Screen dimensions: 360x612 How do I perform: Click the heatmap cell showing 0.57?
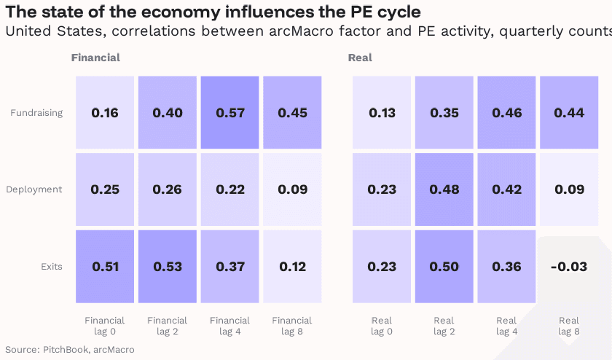click(230, 113)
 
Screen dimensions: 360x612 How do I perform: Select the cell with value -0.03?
click(568, 266)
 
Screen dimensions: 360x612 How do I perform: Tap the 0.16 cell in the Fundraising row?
click(105, 113)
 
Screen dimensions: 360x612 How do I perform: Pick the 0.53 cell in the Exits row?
click(168, 266)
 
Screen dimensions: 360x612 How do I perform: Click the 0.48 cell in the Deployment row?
click(444, 189)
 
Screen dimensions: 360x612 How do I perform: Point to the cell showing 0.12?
click(293, 266)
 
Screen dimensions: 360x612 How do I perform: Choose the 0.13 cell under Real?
click(381, 113)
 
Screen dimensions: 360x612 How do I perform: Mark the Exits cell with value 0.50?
click(444, 266)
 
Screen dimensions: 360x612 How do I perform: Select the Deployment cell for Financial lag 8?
click(293, 189)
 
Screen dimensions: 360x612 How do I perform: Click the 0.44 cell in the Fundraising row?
click(568, 113)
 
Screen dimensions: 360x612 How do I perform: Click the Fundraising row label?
click(36, 113)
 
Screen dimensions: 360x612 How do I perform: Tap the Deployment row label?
click(34, 189)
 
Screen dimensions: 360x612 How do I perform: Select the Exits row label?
click(51, 266)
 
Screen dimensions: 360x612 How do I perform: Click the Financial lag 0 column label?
click(105, 326)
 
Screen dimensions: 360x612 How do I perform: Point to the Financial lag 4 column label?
click(230, 326)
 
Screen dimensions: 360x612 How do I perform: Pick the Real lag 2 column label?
click(444, 326)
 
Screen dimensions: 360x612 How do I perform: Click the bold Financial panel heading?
click(95, 58)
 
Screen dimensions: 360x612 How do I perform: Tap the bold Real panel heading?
click(360, 58)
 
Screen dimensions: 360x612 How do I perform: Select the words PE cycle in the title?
click(384, 12)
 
